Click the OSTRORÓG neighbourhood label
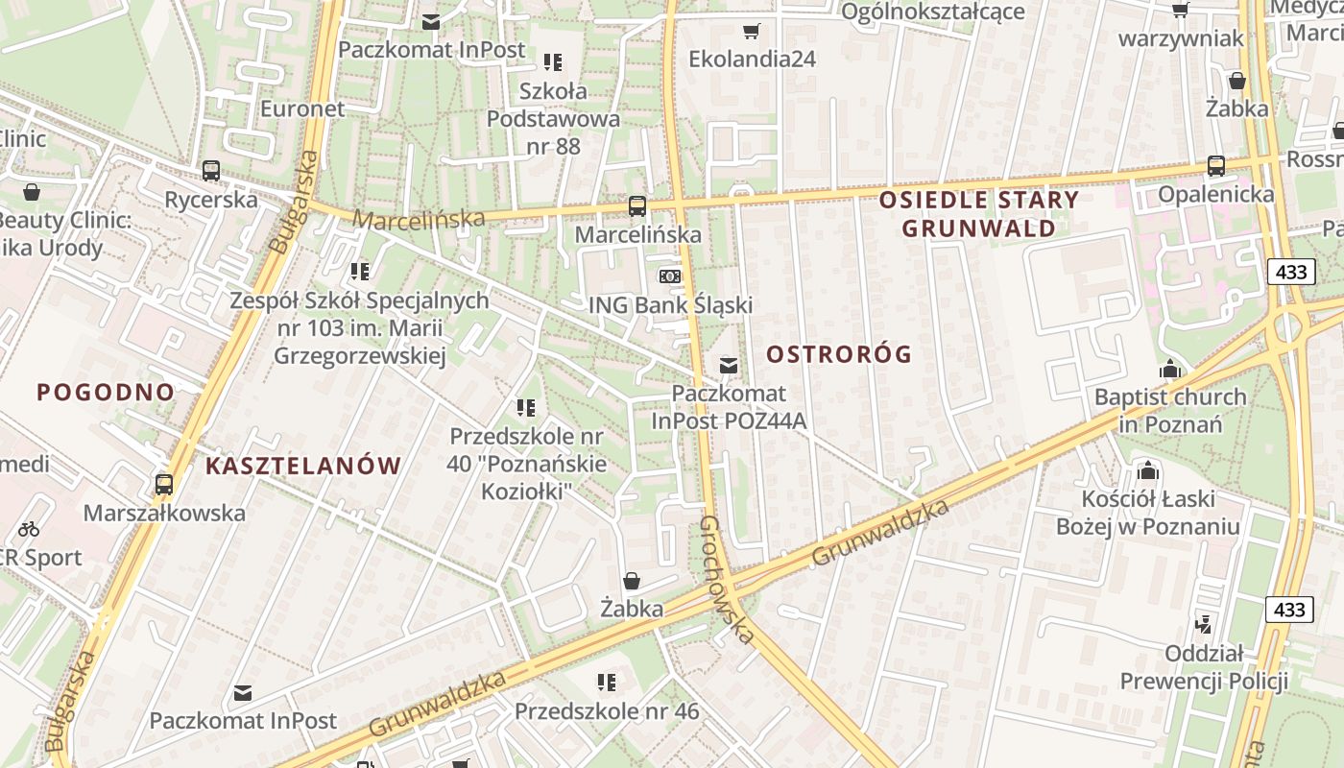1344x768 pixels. coord(839,354)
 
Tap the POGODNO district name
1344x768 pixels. coord(106,392)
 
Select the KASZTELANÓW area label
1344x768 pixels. coord(303,467)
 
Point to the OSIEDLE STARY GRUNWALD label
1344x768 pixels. coord(978,214)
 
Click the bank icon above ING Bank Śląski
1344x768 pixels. coord(670,276)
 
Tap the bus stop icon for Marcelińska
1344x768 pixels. coord(636,205)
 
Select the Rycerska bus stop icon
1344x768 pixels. coord(211,171)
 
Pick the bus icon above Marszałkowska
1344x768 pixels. coord(164,484)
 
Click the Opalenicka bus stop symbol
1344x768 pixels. coord(1216,165)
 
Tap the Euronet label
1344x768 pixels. coord(302,108)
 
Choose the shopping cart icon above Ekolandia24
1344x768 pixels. coord(752,31)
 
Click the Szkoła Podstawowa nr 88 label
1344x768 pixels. coord(553,119)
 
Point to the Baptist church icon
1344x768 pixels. coord(1169,369)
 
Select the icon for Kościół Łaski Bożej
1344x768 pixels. coord(1147,470)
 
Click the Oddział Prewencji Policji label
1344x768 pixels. coord(1204,668)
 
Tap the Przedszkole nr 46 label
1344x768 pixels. coord(607,711)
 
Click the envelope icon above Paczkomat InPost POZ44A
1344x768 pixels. coord(729,365)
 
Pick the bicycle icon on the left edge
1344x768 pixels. coord(29,528)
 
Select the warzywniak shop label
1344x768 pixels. coord(1181,39)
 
